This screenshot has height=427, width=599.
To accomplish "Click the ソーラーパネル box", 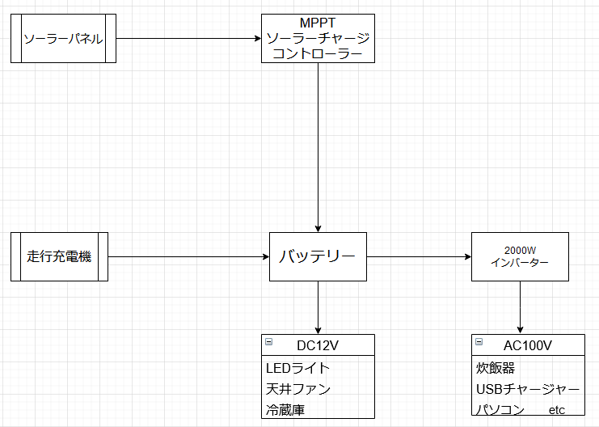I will [x=63, y=38].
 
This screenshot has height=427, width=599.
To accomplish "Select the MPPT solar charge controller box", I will [x=318, y=38].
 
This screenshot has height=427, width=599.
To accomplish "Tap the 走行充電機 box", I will [x=59, y=257].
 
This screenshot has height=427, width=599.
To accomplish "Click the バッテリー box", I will [x=318, y=257].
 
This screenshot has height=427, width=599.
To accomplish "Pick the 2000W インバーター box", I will [x=520, y=257].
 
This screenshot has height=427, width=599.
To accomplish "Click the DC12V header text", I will [x=318, y=345].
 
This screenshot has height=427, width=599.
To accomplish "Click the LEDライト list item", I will [x=297, y=368].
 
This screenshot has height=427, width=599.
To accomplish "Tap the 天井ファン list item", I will [x=297, y=389].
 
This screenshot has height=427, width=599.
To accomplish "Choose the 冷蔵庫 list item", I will [x=285, y=410].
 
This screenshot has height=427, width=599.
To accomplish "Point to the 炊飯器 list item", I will [x=495, y=368].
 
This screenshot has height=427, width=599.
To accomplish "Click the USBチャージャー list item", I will [x=527, y=389].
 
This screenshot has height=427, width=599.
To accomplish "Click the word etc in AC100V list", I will [x=557, y=410].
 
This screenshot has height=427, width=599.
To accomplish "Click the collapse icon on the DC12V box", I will [x=268, y=342].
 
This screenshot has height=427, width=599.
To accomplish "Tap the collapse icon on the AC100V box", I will [x=479, y=342].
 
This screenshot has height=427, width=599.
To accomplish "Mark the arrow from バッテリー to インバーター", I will [x=418, y=257].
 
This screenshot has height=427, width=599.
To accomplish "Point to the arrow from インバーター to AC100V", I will [x=520, y=307].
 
